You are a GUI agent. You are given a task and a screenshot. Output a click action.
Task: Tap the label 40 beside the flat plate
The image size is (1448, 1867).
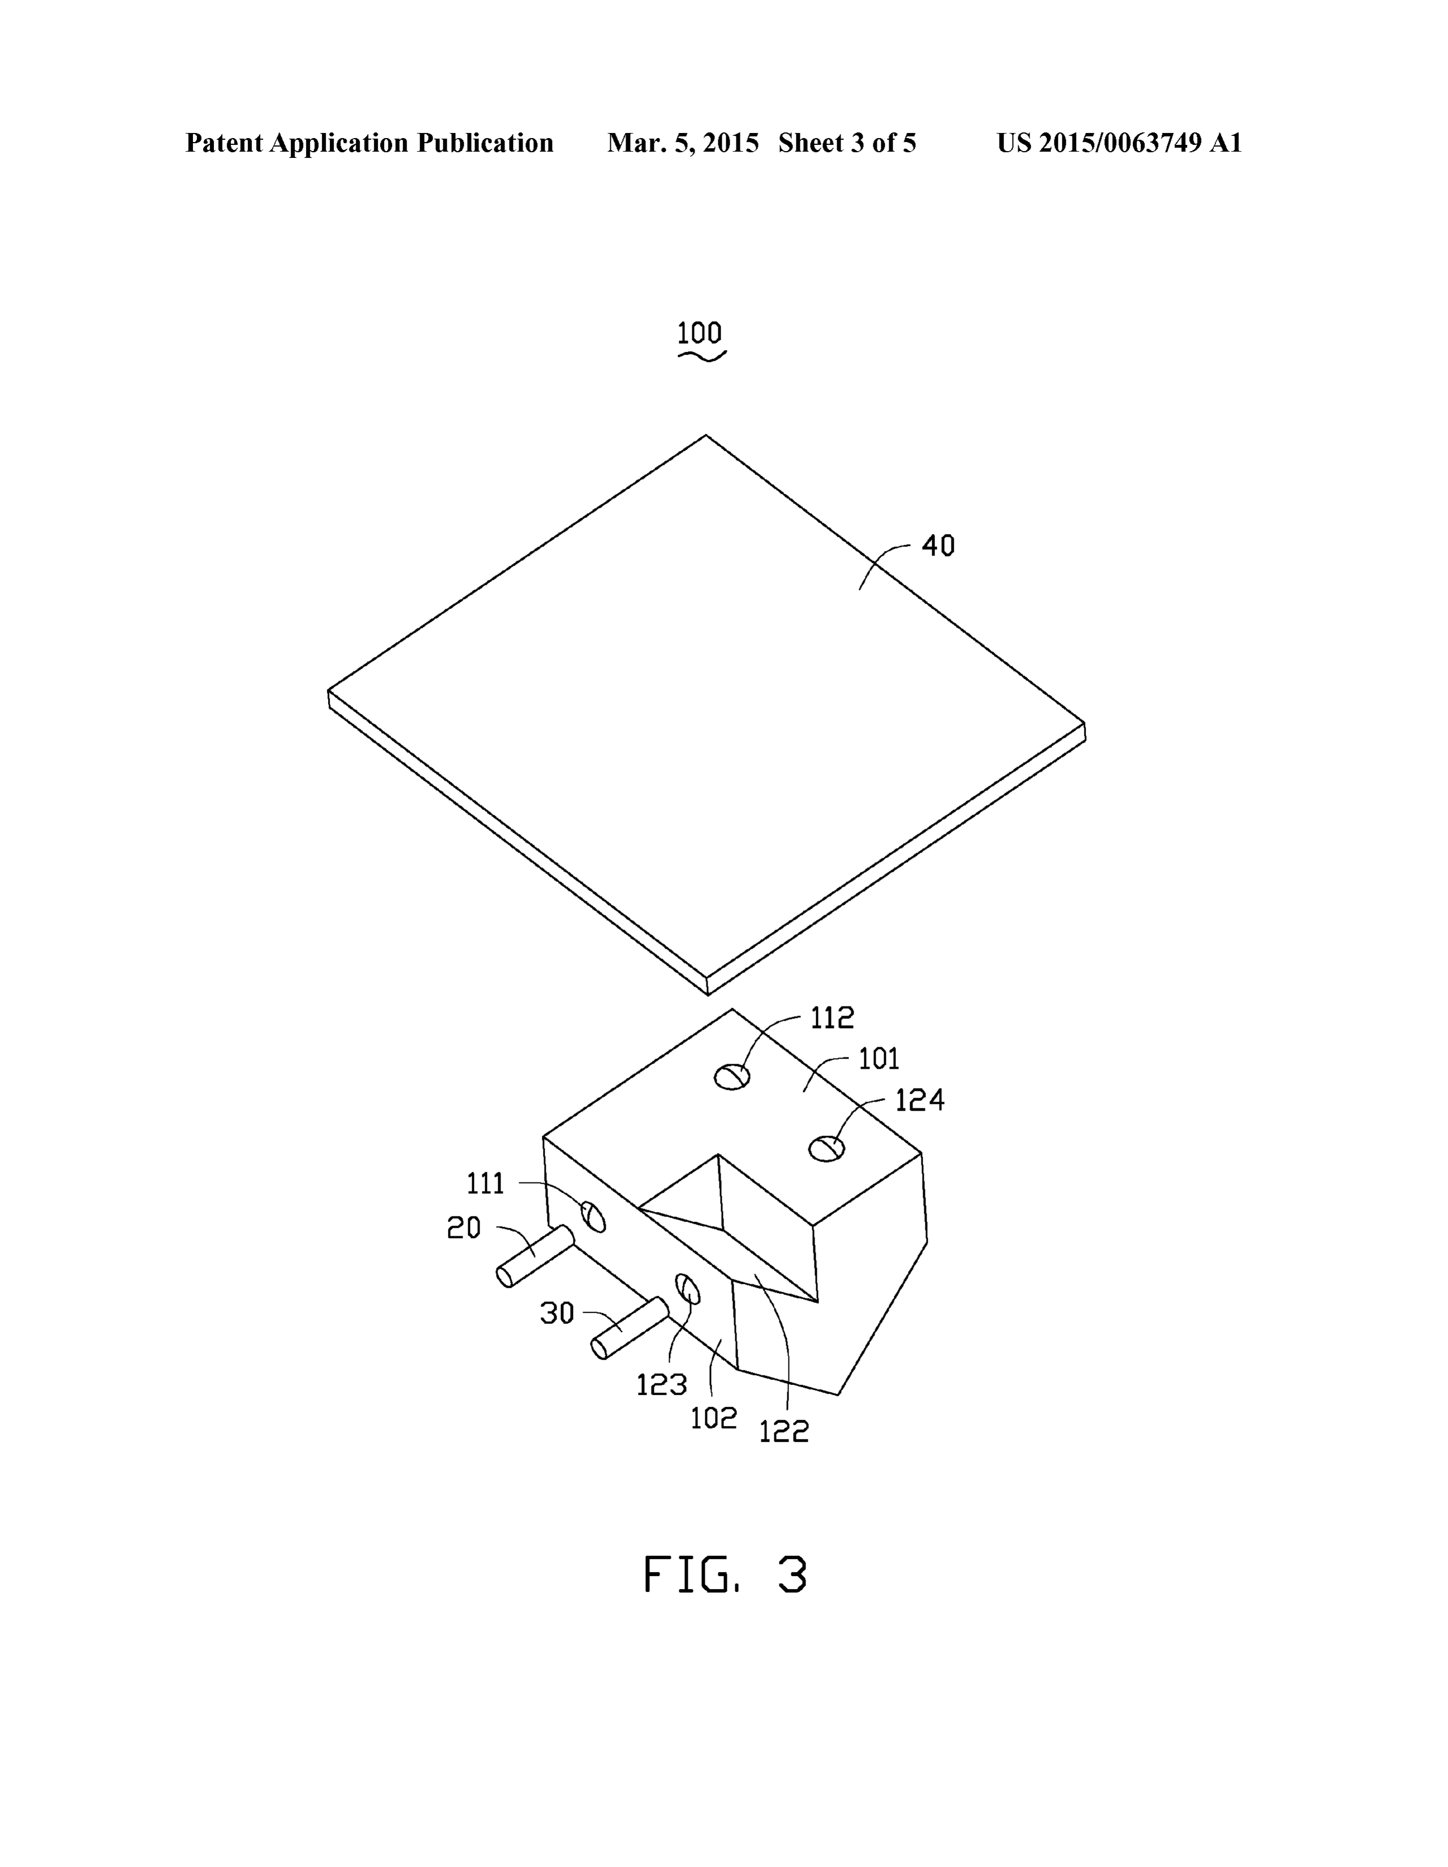pos(938,545)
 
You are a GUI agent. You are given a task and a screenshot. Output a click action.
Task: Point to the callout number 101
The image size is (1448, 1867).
pos(879,1059)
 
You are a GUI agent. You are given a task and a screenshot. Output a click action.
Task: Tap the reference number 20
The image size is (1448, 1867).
pos(464,1228)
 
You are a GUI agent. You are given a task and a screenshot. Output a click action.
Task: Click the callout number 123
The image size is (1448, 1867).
pos(662,1384)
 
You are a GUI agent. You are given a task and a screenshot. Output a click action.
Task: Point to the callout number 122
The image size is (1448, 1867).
pos(784,1431)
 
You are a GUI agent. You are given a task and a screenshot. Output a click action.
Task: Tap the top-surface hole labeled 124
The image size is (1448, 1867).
pos(826,1148)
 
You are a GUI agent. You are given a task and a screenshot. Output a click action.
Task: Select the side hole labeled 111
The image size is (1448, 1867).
pos(593,1216)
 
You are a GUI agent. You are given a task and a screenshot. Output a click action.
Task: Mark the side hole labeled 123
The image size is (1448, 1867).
pos(688,1288)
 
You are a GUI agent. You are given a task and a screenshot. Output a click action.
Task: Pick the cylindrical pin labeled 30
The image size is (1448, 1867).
pos(630,1328)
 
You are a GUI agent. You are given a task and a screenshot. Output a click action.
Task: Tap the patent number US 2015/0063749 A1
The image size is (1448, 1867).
pos(1119,143)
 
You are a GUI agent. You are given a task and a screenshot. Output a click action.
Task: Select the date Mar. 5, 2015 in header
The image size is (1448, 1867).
pos(683,143)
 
